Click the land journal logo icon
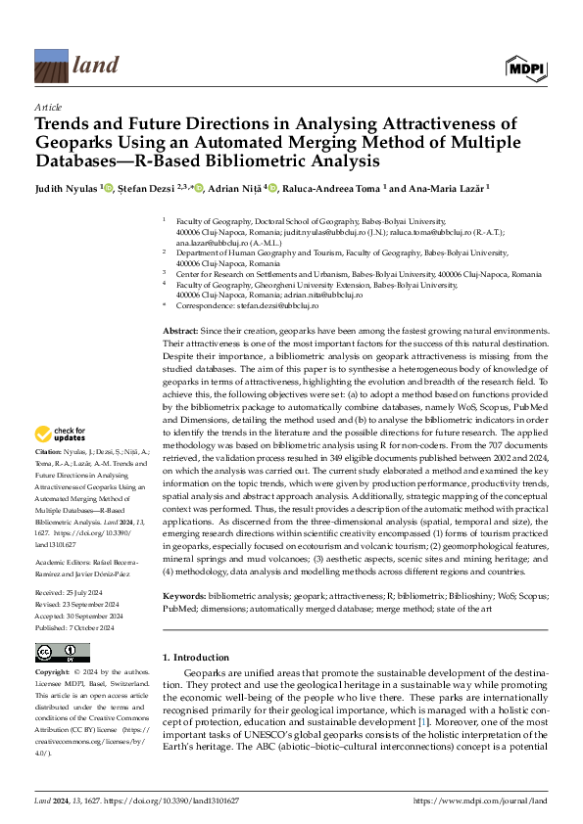coord(52,65)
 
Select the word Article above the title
coord(48,107)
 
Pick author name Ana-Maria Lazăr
coord(471,188)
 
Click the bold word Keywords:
coord(184,569)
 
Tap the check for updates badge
coord(61,434)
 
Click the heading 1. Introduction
coord(196,630)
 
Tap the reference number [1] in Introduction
coord(422,694)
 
